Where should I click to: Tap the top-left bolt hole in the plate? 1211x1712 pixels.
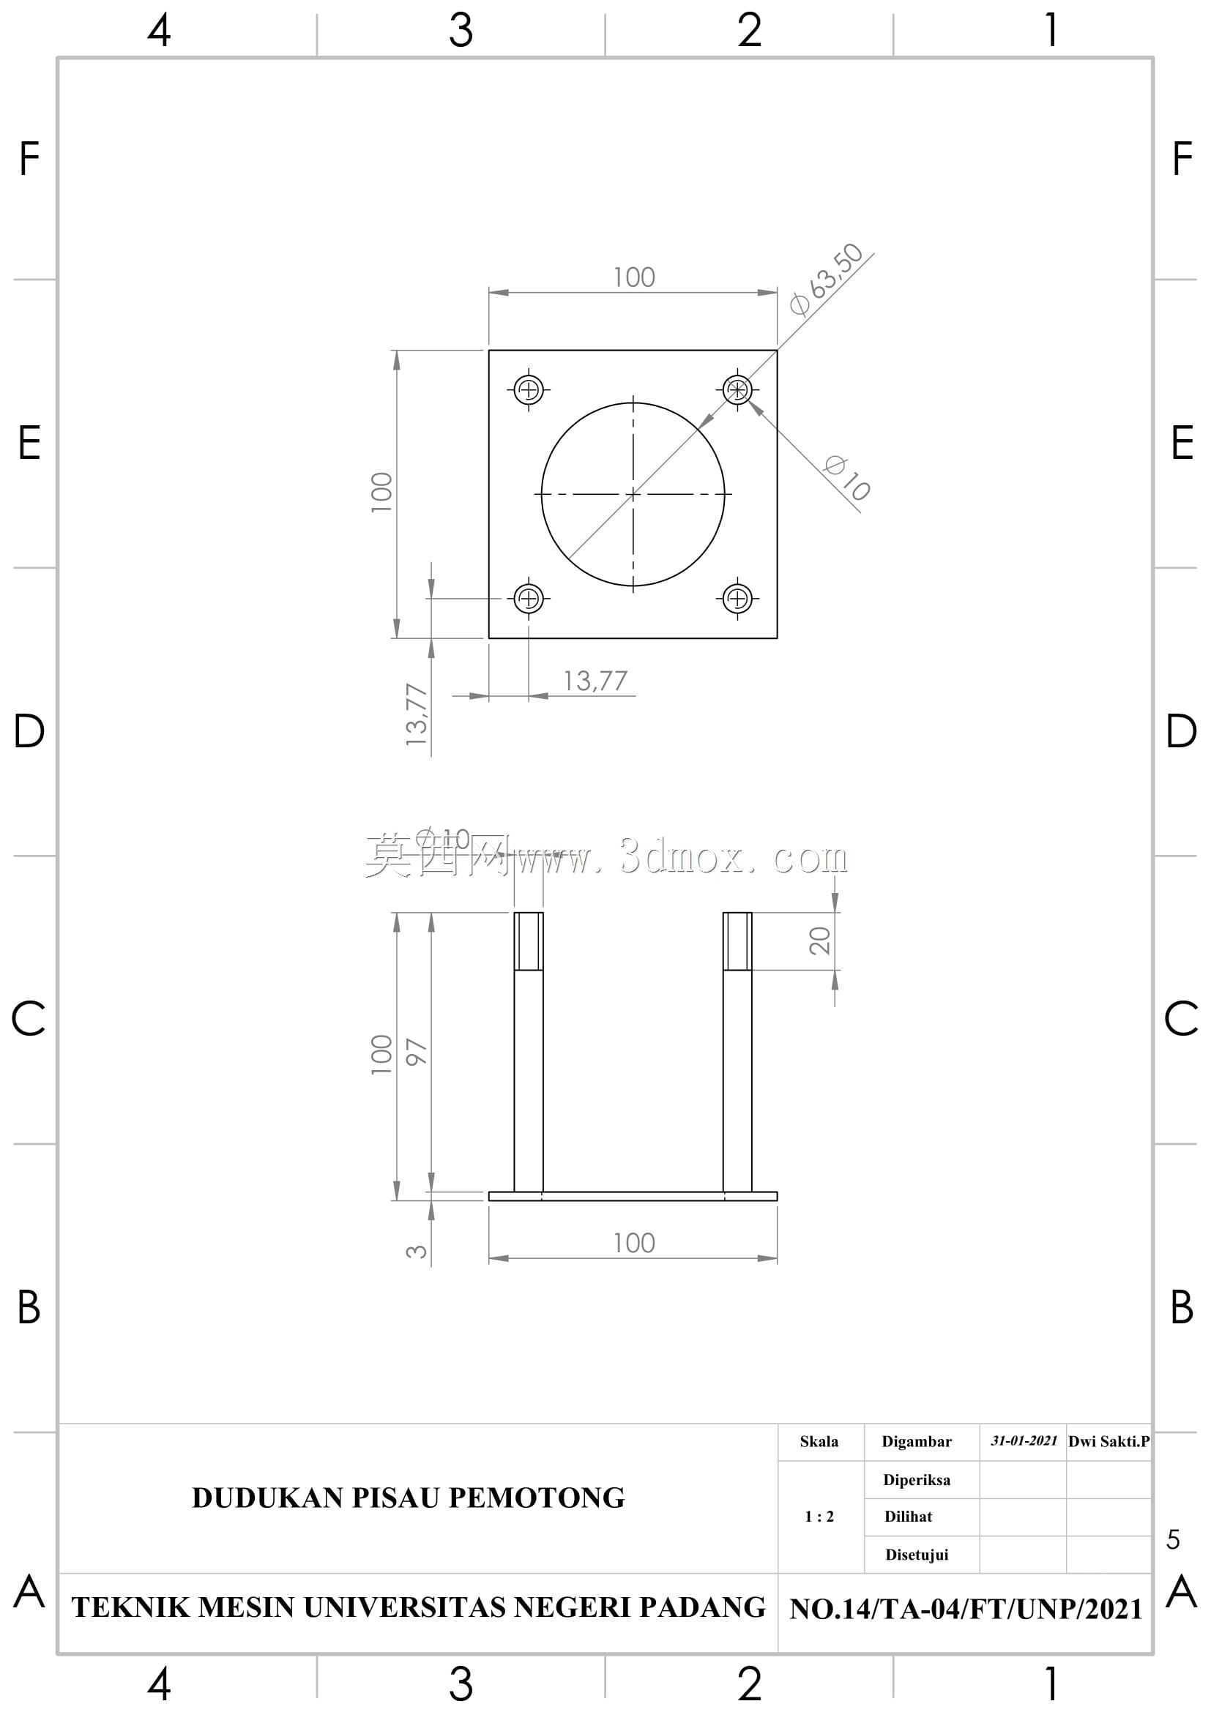pyautogui.click(x=529, y=389)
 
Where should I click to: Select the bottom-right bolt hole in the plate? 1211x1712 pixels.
pyautogui.click(x=737, y=598)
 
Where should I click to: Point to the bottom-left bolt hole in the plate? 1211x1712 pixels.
pyautogui.click(x=529, y=598)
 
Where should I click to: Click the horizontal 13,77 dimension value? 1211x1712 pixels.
pyautogui.click(x=595, y=681)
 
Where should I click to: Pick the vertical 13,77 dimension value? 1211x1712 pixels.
pyautogui.click(x=417, y=714)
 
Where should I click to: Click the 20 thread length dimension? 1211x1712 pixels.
pyautogui.click(x=819, y=941)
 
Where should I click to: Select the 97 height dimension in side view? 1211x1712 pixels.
pyautogui.click(x=417, y=1051)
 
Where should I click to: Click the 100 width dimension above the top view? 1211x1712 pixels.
pyautogui.click(x=634, y=277)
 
